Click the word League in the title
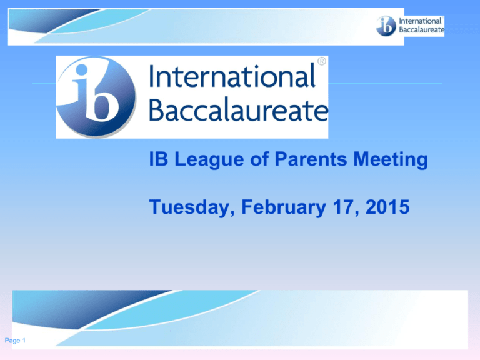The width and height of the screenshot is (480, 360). pos(199,162)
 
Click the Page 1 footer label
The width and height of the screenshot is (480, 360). pos(18,340)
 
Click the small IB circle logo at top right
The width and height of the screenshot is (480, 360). pos(386,27)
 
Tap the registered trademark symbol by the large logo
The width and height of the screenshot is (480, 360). pos(321,61)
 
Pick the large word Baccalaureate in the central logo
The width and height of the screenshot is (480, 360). pos(238,111)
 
